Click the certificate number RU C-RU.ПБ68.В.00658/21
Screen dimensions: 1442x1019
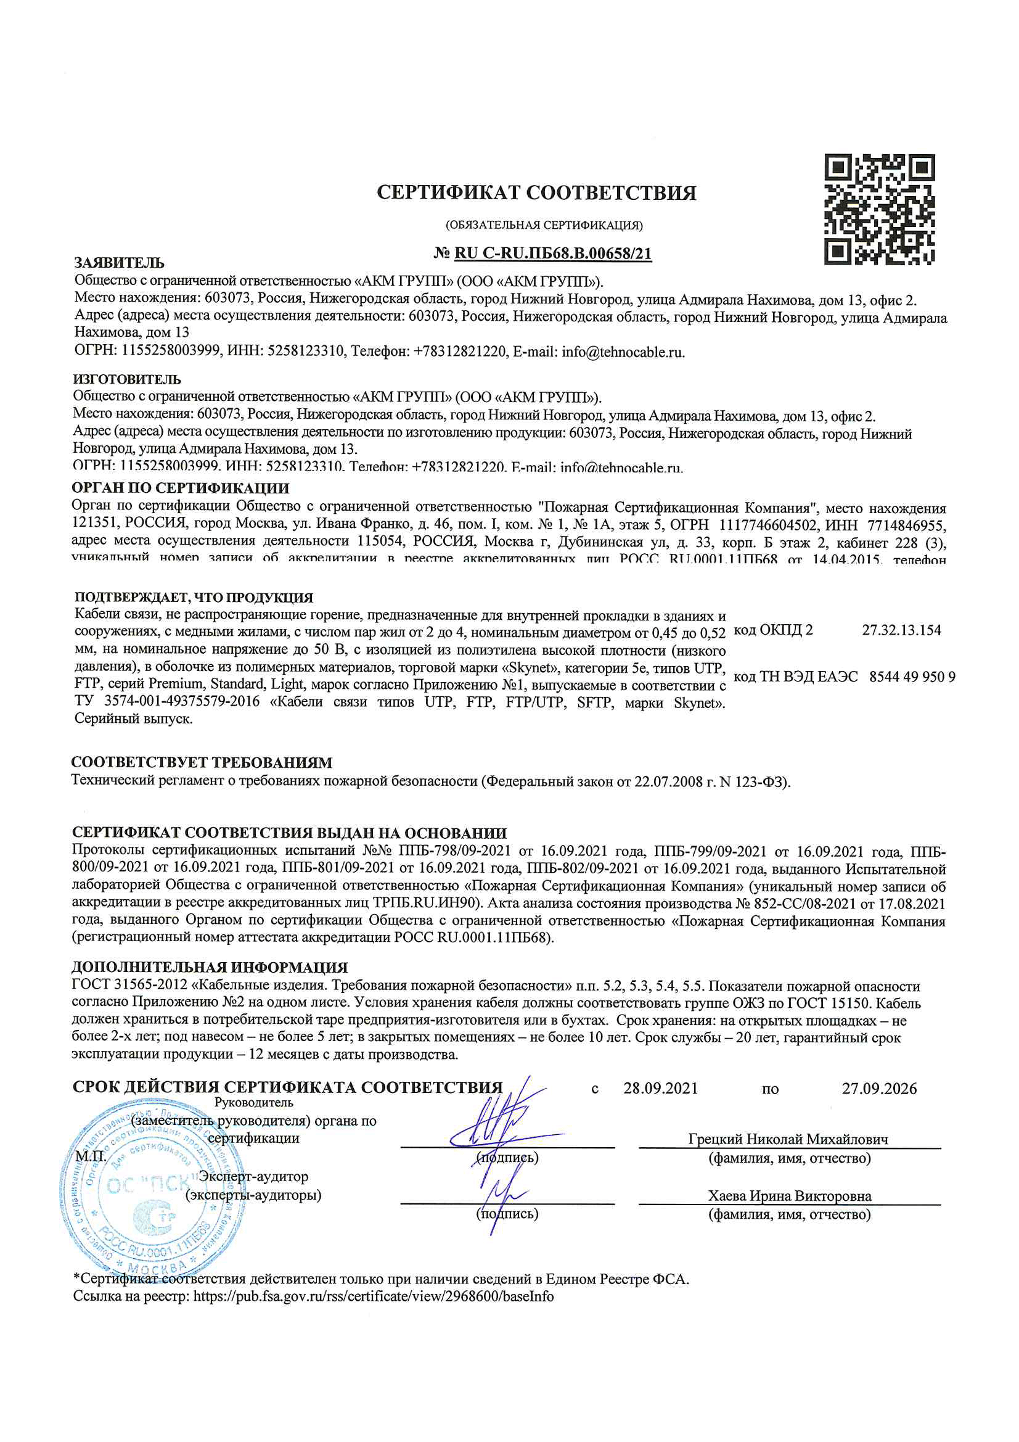click(x=552, y=253)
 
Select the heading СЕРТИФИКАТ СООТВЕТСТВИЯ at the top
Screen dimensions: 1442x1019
click(x=536, y=192)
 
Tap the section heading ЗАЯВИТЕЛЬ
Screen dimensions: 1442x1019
click(x=120, y=263)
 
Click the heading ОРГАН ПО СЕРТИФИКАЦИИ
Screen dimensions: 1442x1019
click(x=180, y=488)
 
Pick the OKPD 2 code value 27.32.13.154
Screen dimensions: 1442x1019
click(x=901, y=630)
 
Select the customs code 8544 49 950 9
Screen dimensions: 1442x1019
click(x=912, y=677)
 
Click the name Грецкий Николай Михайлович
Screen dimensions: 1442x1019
click(x=788, y=1139)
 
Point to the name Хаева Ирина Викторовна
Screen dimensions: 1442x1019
click(x=789, y=1196)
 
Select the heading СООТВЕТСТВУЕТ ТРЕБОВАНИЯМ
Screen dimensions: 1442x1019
click(x=202, y=762)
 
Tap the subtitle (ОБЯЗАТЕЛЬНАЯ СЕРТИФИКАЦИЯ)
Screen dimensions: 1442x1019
click(x=544, y=225)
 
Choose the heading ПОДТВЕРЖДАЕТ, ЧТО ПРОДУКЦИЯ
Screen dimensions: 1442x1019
click(x=194, y=597)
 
